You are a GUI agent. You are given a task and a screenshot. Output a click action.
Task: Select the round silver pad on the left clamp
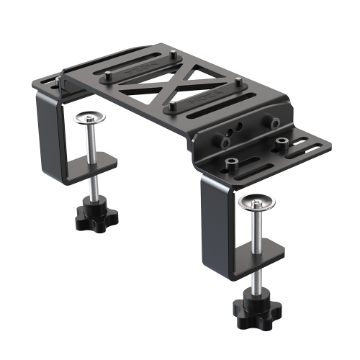tap(89, 117)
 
